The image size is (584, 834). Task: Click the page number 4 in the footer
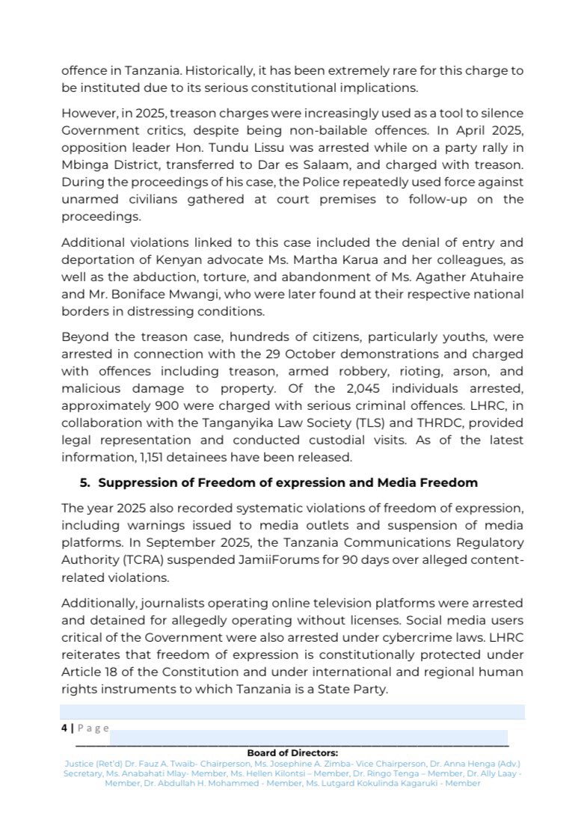[x=64, y=727]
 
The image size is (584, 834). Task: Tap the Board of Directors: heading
[x=292, y=752]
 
